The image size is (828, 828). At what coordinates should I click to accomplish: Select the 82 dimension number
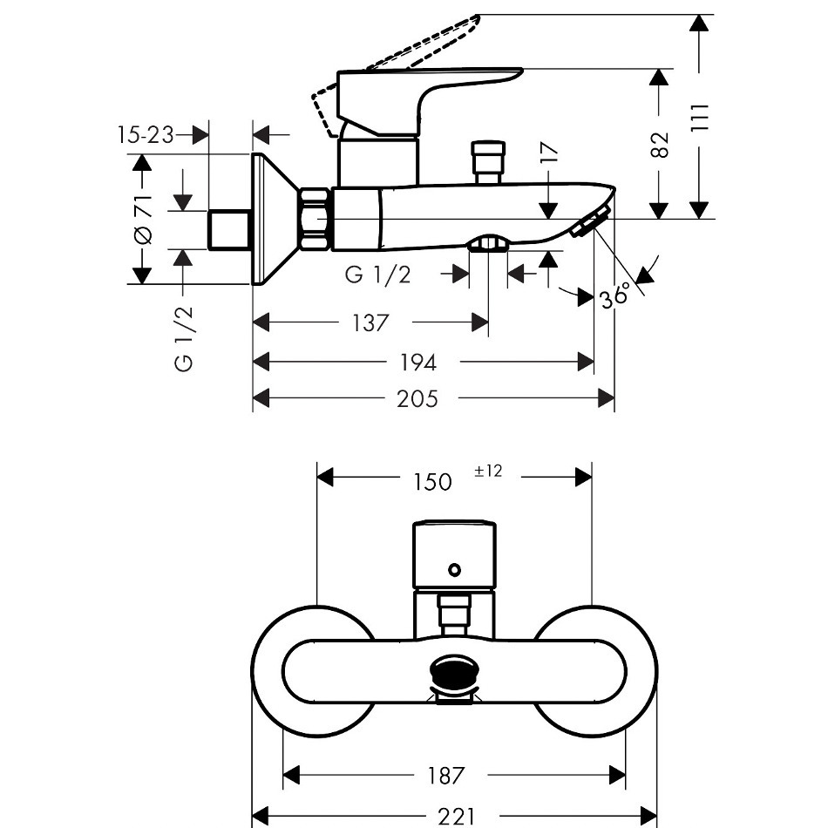[661, 144]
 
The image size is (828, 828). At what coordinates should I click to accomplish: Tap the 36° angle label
[614, 296]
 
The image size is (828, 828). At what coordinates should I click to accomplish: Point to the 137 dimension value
[370, 322]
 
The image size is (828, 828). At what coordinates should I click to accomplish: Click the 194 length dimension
[417, 362]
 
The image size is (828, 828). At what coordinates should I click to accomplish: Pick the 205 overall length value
[417, 399]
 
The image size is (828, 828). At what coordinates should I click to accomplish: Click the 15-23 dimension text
[145, 134]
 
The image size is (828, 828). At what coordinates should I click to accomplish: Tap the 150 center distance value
[431, 481]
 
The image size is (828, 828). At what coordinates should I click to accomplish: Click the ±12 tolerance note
[488, 471]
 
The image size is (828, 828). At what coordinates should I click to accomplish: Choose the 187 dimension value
[446, 774]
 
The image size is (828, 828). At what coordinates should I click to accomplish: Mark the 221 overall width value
[455, 816]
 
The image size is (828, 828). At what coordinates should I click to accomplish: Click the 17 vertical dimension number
[548, 154]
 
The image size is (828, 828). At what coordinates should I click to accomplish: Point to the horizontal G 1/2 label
[377, 275]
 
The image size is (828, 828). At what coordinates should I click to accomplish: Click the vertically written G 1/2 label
[184, 338]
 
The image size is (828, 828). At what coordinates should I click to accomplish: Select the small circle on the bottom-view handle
[452, 571]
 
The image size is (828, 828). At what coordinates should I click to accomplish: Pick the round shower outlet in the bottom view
[453, 674]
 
